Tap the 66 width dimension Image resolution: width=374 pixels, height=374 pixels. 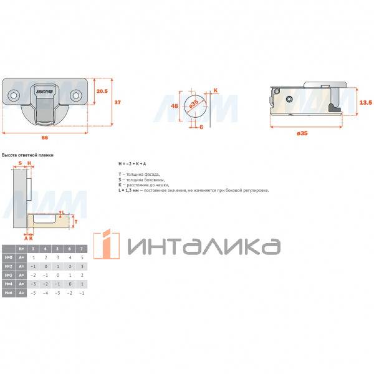click(44, 137)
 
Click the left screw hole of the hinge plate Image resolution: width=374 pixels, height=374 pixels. click(12, 95)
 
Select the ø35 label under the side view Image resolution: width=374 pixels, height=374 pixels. click(302, 133)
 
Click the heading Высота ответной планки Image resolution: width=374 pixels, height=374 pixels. click(28, 155)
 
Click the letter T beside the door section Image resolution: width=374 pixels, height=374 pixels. click(75, 221)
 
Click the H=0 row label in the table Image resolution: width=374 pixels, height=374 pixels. click(8, 257)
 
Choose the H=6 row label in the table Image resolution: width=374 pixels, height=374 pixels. click(8, 292)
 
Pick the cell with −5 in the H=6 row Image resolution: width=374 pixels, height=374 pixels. click(33, 292)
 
